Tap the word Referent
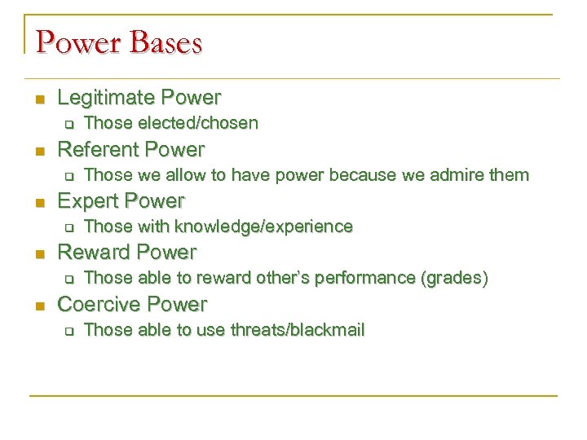(99, 150)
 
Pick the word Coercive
(99, 305)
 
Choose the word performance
(371, 279)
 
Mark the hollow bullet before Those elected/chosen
(68, 125)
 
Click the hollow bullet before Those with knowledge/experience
(68, 228)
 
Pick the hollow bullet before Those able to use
(68, 332)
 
